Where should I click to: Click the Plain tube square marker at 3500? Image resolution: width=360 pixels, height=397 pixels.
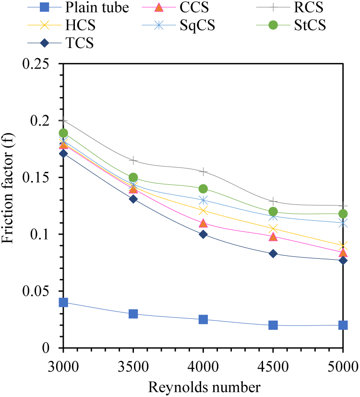click(133, 314)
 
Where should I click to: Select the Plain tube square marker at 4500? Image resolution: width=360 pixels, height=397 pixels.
click(273, 325)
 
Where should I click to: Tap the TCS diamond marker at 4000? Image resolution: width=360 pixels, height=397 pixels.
click(203, 234)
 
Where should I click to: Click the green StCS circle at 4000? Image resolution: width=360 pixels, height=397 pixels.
click(203, 189)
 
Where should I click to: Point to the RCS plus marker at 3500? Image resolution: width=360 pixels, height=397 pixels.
click(133, 160)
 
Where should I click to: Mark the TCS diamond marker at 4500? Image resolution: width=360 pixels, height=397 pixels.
click(273, 253)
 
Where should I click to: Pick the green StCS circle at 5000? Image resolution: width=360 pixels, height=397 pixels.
click(343, 214)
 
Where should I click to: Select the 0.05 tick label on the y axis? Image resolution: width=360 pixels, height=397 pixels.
click(43, 291)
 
